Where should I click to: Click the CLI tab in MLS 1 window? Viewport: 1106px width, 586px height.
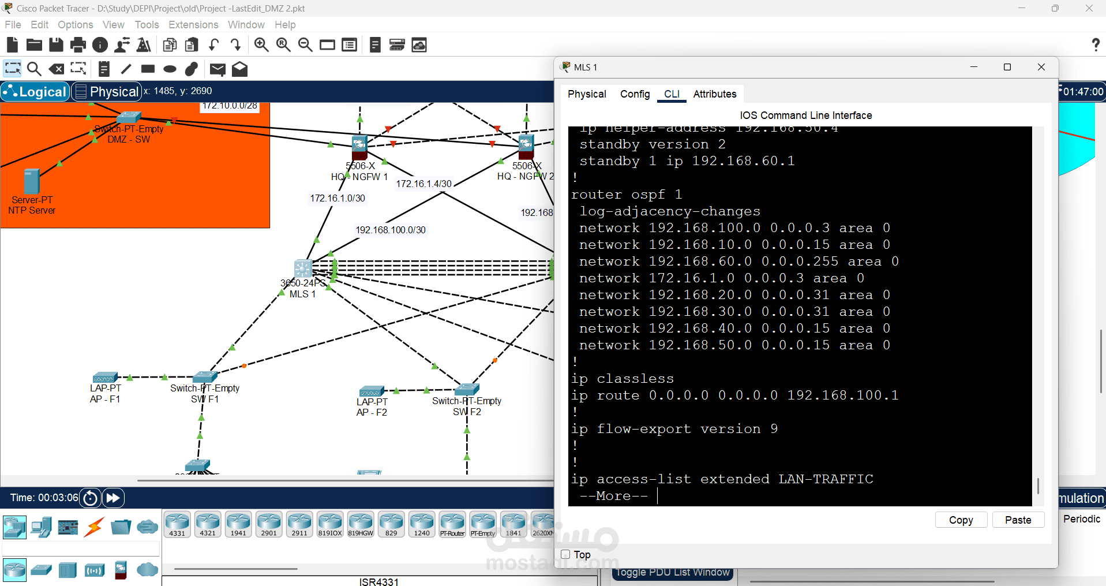pyautogui.click(x=672, y=94)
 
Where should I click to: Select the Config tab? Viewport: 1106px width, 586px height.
pyautogui.click(x=635, y=94)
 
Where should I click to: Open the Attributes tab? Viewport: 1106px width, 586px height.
pyautogui.click(x=714, y=94)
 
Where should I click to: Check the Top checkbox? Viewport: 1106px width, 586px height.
pyautogui.click(x=565, y=554)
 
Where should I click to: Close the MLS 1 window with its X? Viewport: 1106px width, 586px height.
pyautogui.click(x=1041, y=67)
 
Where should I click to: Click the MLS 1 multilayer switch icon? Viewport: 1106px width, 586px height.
pyautogui.click(x=303, y=269)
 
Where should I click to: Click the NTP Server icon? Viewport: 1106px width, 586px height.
pyautogui.click(x=32, y=181)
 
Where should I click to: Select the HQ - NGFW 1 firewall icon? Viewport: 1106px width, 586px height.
pyautogui.click(x=359, y=147)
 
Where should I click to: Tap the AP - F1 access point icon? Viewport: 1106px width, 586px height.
pyautogui.click(x=105, y=378)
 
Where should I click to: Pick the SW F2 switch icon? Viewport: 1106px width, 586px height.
pyautogui.click(x=467, y=390)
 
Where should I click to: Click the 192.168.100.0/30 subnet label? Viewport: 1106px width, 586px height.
pyautogui.click(x=391, y=230)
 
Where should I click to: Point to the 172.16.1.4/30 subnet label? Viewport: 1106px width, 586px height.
pyautogui.click(x=423, y=184)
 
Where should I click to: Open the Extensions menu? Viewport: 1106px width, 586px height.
pyautogui.click(x=193, y=25)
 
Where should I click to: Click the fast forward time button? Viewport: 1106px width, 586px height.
pyautogui.click(x=113, y=498)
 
